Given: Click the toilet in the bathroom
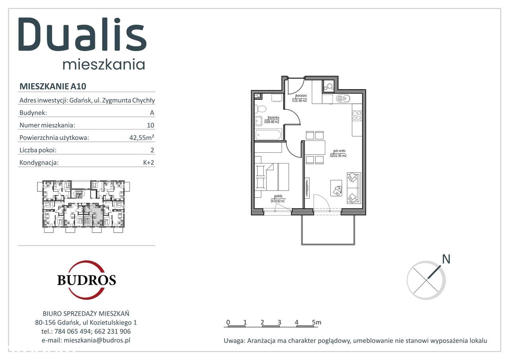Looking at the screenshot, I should click(x=261, y=108).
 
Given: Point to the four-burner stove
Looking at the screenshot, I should click(x=356, y=115).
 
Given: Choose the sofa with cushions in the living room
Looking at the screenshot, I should click(x=353, y=187).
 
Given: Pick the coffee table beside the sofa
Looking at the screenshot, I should click(x=336, y=188).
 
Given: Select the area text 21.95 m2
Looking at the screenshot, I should click(x=339, y=156).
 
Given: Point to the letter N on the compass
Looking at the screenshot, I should click(x=446, y=259).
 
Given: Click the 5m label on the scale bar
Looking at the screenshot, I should click(x=317, y=322).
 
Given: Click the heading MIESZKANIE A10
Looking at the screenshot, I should click(x=53, y=86).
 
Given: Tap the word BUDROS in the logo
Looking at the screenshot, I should click(x=86, y=280).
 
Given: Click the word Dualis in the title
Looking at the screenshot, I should click(x=83, y=35).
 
